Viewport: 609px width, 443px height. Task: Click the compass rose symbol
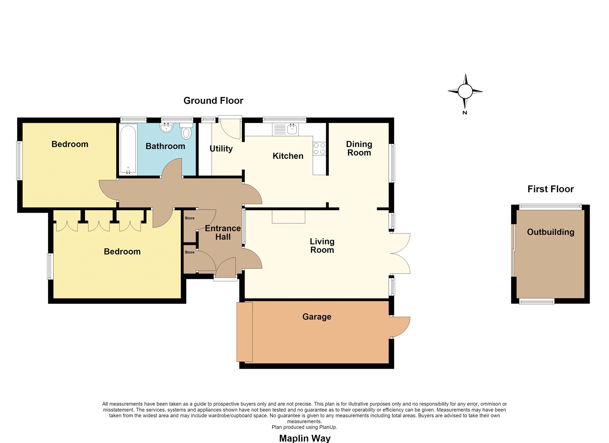tap(465, 91)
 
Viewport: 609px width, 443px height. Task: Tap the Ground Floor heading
tap(213, 101)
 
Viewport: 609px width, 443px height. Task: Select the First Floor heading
tap(550, 189)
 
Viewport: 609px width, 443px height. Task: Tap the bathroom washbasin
tap(166, 128)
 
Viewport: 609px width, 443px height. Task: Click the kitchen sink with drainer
tap(285, 129)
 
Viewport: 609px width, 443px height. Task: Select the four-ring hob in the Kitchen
tap(319, 149)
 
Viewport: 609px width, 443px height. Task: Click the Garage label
tap(317, 317)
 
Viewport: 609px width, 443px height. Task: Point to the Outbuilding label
tap(550, 232)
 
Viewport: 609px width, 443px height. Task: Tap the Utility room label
tap(221, 149)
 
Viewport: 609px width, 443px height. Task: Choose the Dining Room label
tap(359, 148)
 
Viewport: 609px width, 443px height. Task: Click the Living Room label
tap(322, 245)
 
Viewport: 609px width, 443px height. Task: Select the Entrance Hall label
tap(223, 232)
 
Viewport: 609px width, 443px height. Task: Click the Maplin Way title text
tap(305, 438)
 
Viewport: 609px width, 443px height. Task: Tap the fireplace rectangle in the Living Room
tap(289, 217)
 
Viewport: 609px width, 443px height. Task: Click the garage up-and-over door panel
tap(245, 332)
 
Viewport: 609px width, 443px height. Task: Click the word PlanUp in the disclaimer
tap(328, 427)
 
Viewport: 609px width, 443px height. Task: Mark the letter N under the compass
tap(465, 113)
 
